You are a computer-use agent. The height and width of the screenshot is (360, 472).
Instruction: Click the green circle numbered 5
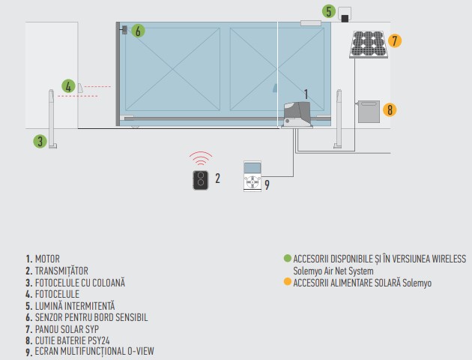click(x=329, y=11)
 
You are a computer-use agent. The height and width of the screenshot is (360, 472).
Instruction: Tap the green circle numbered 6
click(x=137, y=31)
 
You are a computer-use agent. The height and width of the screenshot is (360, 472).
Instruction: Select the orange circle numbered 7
click(x=396, y=41)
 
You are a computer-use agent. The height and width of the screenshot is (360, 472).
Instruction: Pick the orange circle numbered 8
click(x=388, y=109)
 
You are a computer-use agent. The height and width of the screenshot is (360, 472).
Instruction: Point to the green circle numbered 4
click(x=68, y=86)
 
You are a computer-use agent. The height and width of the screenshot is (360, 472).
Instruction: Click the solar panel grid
click(x=367, y=43)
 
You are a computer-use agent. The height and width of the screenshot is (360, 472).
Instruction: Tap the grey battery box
click(x=369, y=112)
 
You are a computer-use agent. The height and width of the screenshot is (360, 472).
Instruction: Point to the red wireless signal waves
click(x=200, y=158)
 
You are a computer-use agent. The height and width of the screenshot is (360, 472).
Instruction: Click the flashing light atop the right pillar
click(x=345, y=15)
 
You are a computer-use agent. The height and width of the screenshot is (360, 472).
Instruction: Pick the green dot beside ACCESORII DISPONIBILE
click(x=288, y=258)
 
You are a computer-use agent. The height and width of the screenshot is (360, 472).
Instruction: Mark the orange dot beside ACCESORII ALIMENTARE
click(x=288, y=282)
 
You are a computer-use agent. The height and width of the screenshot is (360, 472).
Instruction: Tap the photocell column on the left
click(x=52, y=118)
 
